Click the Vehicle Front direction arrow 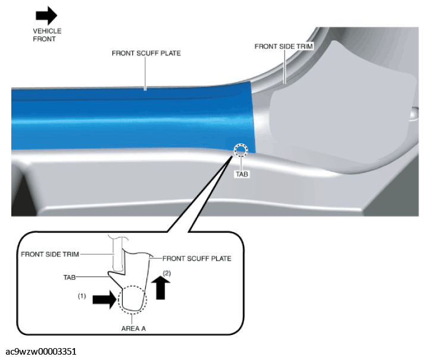coord(46,15)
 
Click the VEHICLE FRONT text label coord(47,35)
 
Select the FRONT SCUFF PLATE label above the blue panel coord(146,53)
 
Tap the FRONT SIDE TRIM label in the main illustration coord(283,46)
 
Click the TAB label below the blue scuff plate coord(242,174)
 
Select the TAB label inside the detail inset coord(70,277)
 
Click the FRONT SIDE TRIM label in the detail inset coord(50,254)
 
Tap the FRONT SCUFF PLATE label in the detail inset coord(197,258)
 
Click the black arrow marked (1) coord(105,299)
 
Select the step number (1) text coord(82,296)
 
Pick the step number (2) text coord(167,273)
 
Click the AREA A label coord(133,328)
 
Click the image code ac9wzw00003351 coord(41,351)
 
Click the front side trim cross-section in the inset coord(118,255)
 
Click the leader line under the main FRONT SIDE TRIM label coord(285,67)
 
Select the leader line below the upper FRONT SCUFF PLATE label coord(145,74)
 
